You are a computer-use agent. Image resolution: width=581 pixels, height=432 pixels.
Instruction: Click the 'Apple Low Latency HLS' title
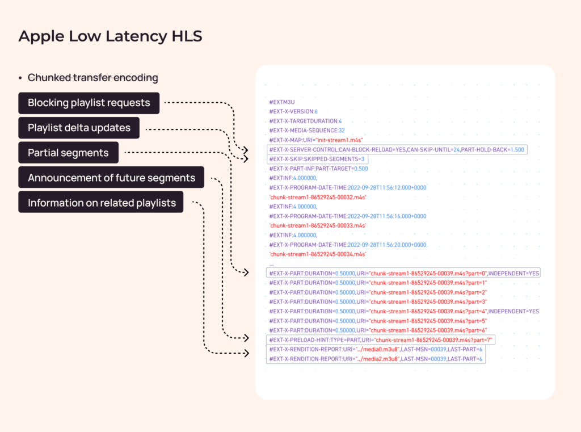110,36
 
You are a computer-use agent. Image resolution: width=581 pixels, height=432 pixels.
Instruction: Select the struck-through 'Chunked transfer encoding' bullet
92,78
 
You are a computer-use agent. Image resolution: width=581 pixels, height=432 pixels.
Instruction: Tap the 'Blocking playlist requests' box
89,103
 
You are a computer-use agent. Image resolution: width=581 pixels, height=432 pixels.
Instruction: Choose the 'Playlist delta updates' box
79,128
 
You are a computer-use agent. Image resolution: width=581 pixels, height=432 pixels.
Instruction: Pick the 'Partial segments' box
69,153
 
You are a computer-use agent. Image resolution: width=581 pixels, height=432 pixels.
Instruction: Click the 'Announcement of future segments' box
111,178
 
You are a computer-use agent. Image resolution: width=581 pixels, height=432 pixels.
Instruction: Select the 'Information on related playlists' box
101,203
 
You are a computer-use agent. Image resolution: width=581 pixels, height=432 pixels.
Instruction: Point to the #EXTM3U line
282,102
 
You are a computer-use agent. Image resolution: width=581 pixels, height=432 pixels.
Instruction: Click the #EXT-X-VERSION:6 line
293,111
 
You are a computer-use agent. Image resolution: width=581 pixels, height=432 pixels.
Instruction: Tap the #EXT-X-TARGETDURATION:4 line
305,121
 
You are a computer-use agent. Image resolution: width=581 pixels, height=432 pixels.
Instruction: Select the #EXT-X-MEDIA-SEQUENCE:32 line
307,131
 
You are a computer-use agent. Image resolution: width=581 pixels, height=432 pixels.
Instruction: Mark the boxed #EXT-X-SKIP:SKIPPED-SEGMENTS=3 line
317,159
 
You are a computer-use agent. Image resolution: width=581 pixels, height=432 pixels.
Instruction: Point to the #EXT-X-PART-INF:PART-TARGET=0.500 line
319,169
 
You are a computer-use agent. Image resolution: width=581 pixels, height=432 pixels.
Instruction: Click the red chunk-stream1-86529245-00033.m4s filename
318,225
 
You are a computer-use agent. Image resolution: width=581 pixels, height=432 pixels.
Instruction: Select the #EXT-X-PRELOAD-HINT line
381,340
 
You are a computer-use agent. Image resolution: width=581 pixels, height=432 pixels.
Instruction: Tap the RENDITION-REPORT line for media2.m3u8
376,359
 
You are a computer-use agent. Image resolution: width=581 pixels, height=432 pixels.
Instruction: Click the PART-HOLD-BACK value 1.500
517,150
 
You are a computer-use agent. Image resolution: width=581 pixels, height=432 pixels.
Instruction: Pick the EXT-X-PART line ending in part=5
378,321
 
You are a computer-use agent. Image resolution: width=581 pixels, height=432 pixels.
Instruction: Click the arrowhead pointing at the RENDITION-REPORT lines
246,353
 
